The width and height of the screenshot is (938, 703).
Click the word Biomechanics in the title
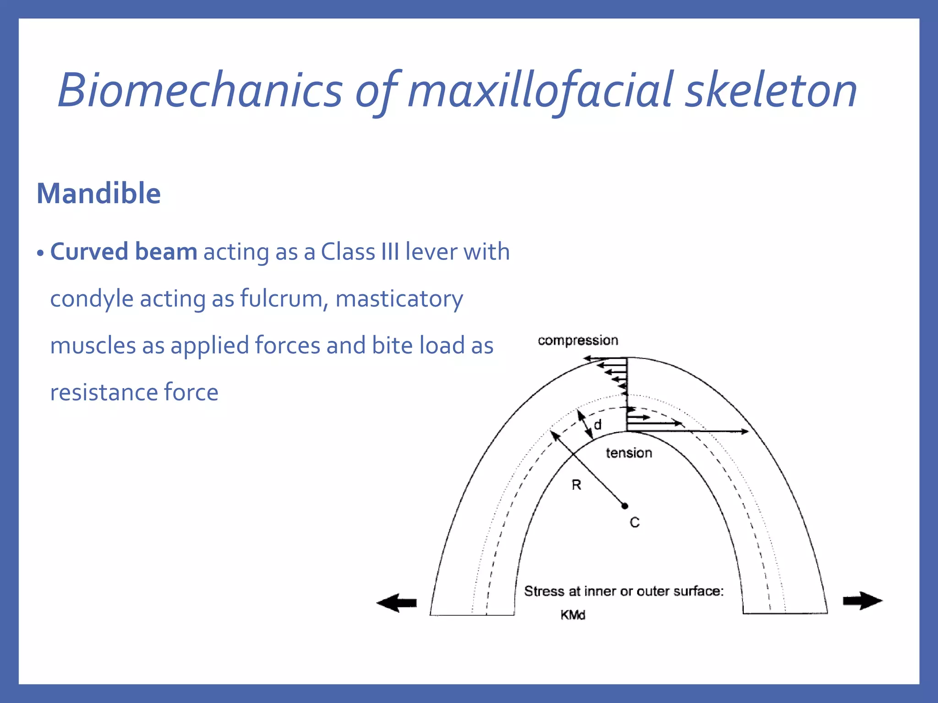click(200, 91)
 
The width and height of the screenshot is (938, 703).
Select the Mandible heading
click(98, 193)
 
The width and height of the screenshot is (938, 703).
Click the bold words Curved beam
click(124, 252)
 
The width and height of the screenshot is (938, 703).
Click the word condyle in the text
click(92, 299)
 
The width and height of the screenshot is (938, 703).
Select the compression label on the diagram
click(578, 341)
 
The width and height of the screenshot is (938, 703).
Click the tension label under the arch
click(628, 453)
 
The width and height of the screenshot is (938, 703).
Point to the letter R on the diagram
click(576, 485)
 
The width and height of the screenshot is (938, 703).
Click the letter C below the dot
click(634, 522)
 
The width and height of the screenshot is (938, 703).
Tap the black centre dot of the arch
click(625, 506)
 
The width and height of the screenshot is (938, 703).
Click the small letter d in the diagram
click(598, 425)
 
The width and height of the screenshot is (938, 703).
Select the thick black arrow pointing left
click(397, 603)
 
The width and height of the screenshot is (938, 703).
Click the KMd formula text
click(573, 615)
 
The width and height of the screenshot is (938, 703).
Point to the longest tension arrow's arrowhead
click(745, 431)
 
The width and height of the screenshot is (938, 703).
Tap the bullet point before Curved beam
click(40, 254)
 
